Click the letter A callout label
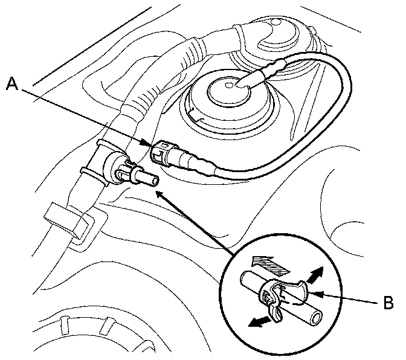click(11, 85)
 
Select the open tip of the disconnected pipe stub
click(155, 179)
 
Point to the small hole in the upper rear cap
click(275, 23)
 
